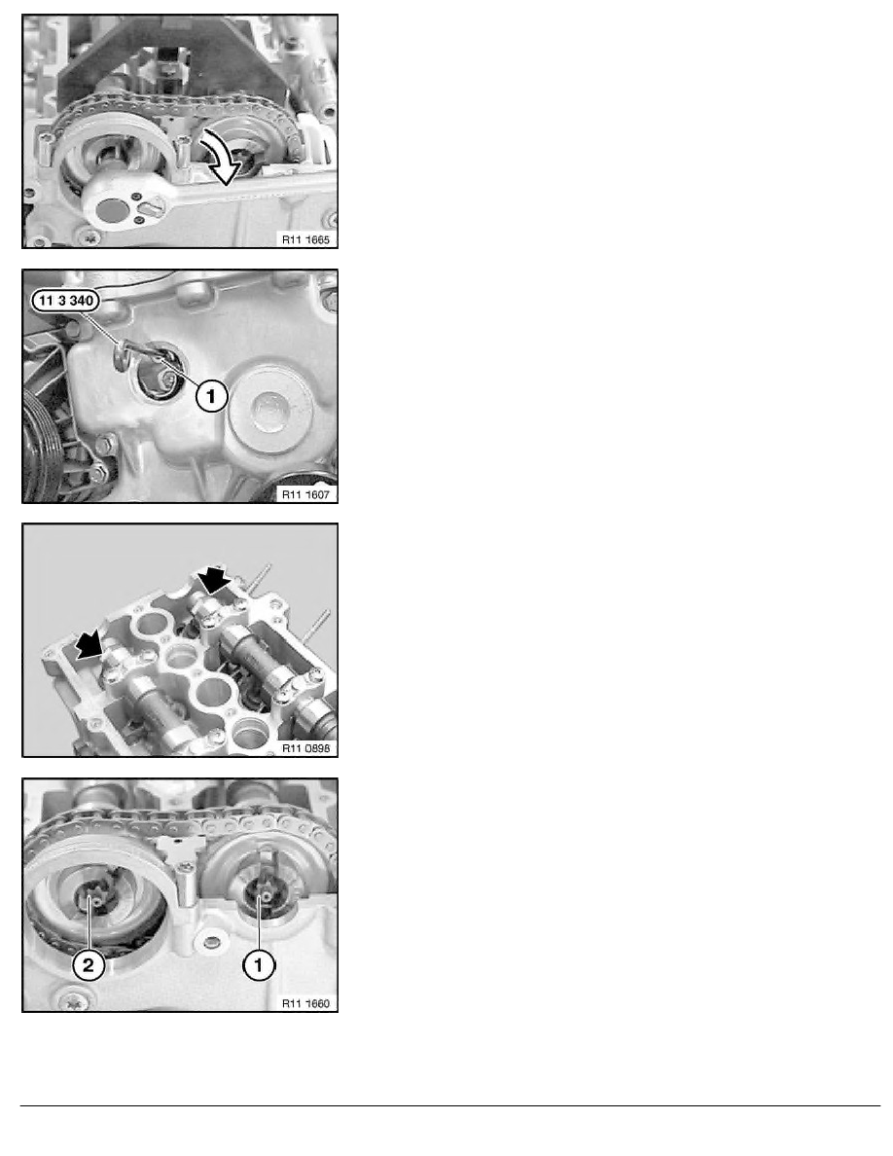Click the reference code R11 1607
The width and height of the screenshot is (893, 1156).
[304, 493]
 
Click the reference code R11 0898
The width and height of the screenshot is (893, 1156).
[304, 747]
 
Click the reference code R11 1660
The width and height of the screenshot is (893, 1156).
[304, 1001]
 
